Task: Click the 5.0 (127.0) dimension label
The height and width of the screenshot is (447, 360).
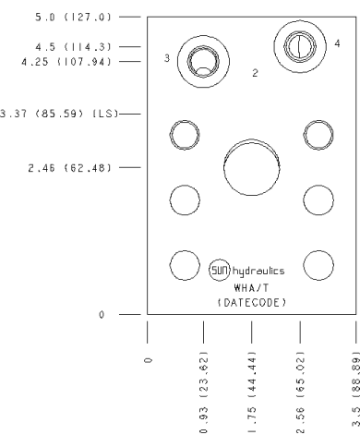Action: tap(73, 17)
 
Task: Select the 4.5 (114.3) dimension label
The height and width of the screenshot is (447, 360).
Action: tap(73, 47)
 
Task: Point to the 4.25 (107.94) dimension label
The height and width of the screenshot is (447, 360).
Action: tap(66, 62)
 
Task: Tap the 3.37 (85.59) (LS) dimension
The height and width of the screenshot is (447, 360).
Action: tap(59, 114)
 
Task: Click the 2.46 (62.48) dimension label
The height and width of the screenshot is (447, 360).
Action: tap(69, 168)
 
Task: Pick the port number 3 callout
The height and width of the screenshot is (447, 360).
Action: tap(167, 58)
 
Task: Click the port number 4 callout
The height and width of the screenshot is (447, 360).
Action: tap(338, 43)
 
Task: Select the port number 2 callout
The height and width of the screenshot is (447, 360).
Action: tap(255, 73)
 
